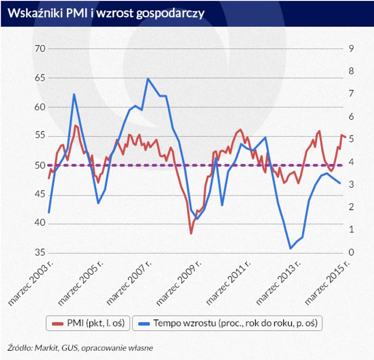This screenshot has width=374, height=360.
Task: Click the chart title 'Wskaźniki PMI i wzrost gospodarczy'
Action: point(106,13)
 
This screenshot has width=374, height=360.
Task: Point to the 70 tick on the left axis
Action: point(40,49)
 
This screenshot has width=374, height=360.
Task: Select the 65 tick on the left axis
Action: point(40,78)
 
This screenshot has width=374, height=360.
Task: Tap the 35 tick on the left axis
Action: point(40,253)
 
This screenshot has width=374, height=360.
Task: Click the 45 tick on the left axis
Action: point(40,194)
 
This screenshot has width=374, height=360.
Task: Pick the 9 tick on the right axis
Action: point(352,49)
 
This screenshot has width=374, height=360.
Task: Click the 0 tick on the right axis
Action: point(352,253)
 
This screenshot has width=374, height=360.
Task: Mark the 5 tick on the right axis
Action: point(352,139)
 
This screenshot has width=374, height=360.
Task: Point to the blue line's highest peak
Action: point(148,79)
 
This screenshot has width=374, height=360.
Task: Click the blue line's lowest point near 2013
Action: point(290,249)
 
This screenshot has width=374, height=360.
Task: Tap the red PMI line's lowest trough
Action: point(190,233)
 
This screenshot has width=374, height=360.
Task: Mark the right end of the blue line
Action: point(340,183)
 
